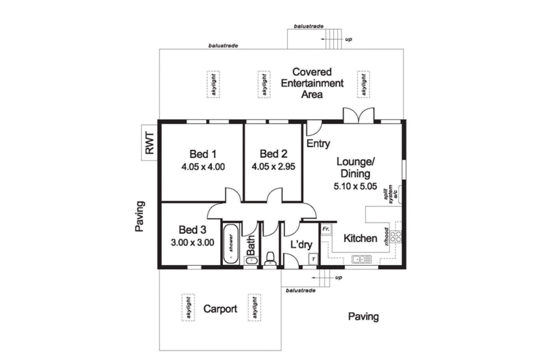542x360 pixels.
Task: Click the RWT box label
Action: click(x=149, y=143)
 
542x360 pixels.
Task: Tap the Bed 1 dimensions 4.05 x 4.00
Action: click(x=203, y=167)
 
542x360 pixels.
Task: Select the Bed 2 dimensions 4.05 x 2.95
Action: click(x=274, y=167)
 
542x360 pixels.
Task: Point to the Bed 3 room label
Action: click(x=192, y=230)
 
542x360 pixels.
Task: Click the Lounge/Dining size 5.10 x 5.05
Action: click(x=355, y=186)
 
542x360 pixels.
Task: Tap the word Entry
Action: click(x=318, y=143)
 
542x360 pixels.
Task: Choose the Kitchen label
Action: click(x=360, y=238)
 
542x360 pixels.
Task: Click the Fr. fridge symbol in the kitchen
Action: click(x=326, y=229)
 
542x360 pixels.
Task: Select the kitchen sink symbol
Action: click(x=362, y=259)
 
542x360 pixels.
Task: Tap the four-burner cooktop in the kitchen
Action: click(x=396, y=237)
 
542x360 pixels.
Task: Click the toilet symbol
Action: click(x=270, y=259)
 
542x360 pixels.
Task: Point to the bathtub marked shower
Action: click(x=230, y=244)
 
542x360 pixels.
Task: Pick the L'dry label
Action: click(x=301, y=245)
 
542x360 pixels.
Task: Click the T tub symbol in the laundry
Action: click(x=313, y=259)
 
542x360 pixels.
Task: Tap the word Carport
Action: click(x=220, y=309)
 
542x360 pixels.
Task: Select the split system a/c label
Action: click(x=390, y=193)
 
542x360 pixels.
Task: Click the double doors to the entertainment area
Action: click(x=358, y=115)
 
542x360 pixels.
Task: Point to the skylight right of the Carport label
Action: click(x=255, y=307)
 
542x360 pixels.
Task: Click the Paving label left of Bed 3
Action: click(x=140, y=216)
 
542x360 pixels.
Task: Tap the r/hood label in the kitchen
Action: click(x=385, y=237)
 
